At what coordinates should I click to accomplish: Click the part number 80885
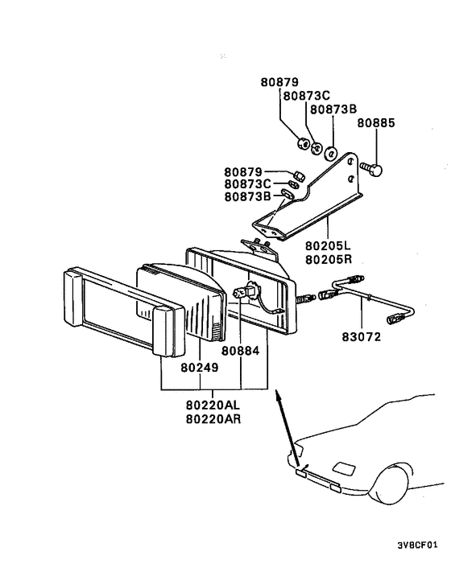coord(375,124)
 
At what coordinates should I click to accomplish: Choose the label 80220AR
coord(213,419)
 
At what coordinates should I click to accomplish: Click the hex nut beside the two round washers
coord(303,144)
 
